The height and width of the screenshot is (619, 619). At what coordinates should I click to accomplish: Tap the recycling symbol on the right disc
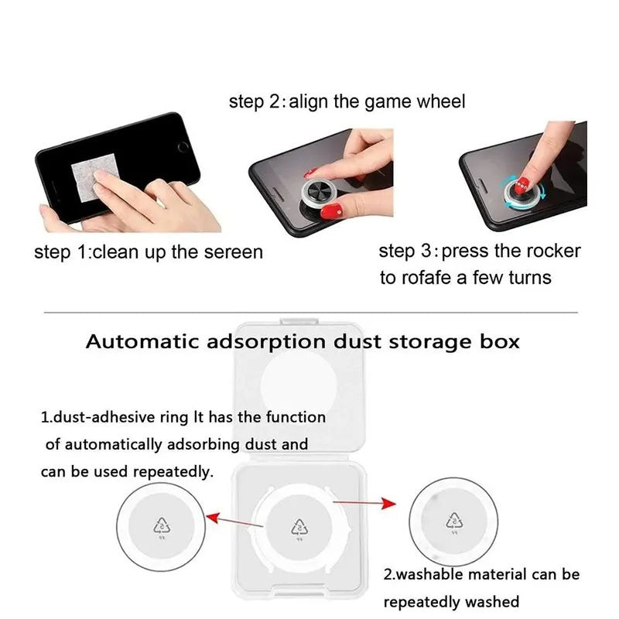(454, 522)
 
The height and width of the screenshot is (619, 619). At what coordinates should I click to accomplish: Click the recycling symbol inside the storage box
(299, 528)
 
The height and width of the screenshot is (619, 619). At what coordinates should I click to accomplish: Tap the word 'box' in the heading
(499, 341)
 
